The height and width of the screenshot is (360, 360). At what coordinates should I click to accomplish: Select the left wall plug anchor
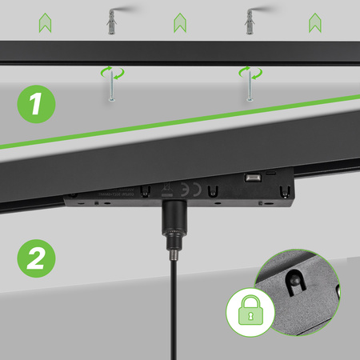[x=111, y=23]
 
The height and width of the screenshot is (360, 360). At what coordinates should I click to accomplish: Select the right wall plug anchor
[x=250, y=23]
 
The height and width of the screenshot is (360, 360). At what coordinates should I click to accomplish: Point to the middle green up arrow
[x=180, y=23]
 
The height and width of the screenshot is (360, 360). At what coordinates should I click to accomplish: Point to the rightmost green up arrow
[x=314, y=23]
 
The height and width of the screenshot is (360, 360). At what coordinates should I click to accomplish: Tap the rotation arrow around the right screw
[x=250, y=74]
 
